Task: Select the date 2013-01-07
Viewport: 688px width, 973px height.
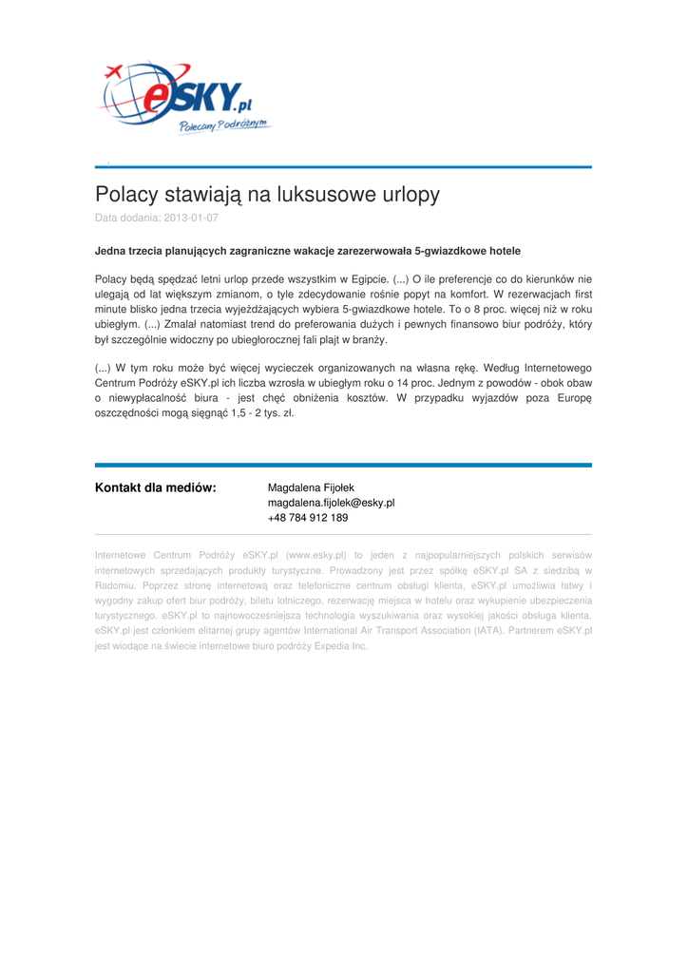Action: pos(191,218)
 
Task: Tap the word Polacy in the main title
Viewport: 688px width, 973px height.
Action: pos(126,195)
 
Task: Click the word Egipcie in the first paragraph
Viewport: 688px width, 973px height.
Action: pos(368,279)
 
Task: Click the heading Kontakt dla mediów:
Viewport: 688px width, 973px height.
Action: pos(156,488)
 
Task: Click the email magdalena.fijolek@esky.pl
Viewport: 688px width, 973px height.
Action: pos(331,504)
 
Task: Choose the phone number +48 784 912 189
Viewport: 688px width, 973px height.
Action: pos(308,519)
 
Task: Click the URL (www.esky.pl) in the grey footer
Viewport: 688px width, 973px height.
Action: pos(315,555)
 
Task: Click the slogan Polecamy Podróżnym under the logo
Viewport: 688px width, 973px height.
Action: pos(224,127)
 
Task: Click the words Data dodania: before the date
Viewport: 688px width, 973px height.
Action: pos(126,218)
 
